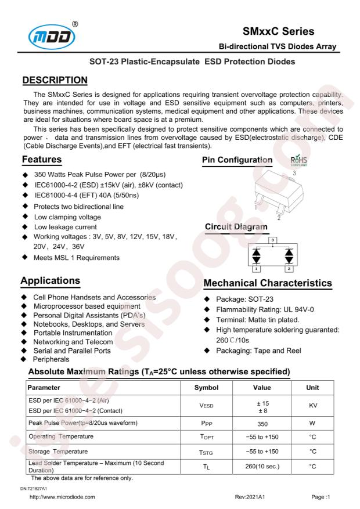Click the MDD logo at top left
(x=52, y=30)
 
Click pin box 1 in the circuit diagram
(x=256, y=268)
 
